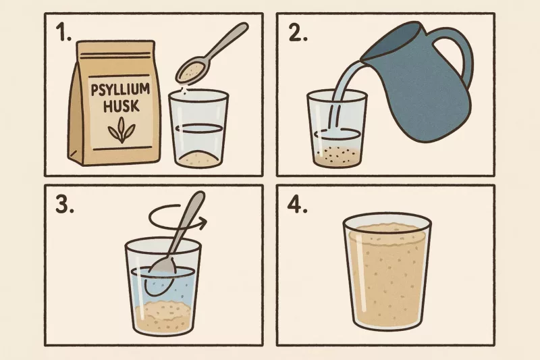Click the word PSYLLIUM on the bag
click(x=120, y=91)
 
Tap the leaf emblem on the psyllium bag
click(x=122, y=130)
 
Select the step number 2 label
click(x=298, y=34)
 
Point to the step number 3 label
click(x=65, y=205)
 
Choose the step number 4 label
click(x=297, y=205)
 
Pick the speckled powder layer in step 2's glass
click(x=337, y=156)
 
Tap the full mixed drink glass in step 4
click(x=387, y=271)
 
